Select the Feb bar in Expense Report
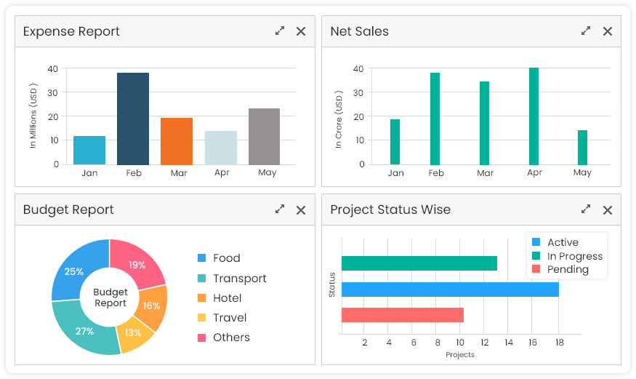click(133, 119)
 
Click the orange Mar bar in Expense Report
click(177, 141)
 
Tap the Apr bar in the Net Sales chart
click(534, 116)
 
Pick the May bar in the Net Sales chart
click(582, 148)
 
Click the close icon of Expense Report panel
click(301, 31)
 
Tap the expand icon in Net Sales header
click(586, 31)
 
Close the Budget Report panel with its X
click(301, 210)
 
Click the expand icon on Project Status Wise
click(586, 210)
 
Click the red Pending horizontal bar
click(402, 315)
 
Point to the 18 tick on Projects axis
click(558, 343)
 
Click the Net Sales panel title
click(359, 31)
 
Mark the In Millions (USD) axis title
click(33, 117)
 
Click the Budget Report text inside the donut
click(110, 298)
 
